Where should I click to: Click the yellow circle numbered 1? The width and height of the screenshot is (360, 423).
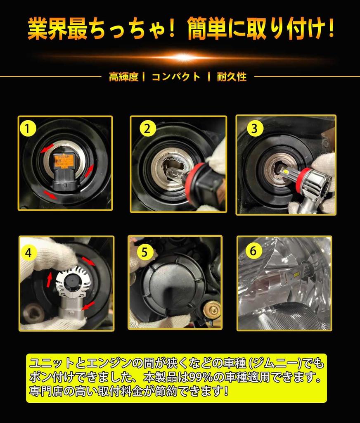28,128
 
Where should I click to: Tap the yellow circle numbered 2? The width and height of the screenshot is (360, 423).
147,128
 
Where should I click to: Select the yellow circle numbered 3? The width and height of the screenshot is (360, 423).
255,128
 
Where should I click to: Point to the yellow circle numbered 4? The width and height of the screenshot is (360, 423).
28,253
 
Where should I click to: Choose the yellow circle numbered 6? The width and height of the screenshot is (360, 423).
253,251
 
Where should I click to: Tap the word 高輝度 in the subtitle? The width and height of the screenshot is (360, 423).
124,77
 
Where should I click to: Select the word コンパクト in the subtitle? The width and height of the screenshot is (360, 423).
176,77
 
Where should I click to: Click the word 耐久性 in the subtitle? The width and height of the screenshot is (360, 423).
232,77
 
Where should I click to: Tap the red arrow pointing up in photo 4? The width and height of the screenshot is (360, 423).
49,280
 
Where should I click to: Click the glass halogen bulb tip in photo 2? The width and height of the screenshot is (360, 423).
171,175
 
